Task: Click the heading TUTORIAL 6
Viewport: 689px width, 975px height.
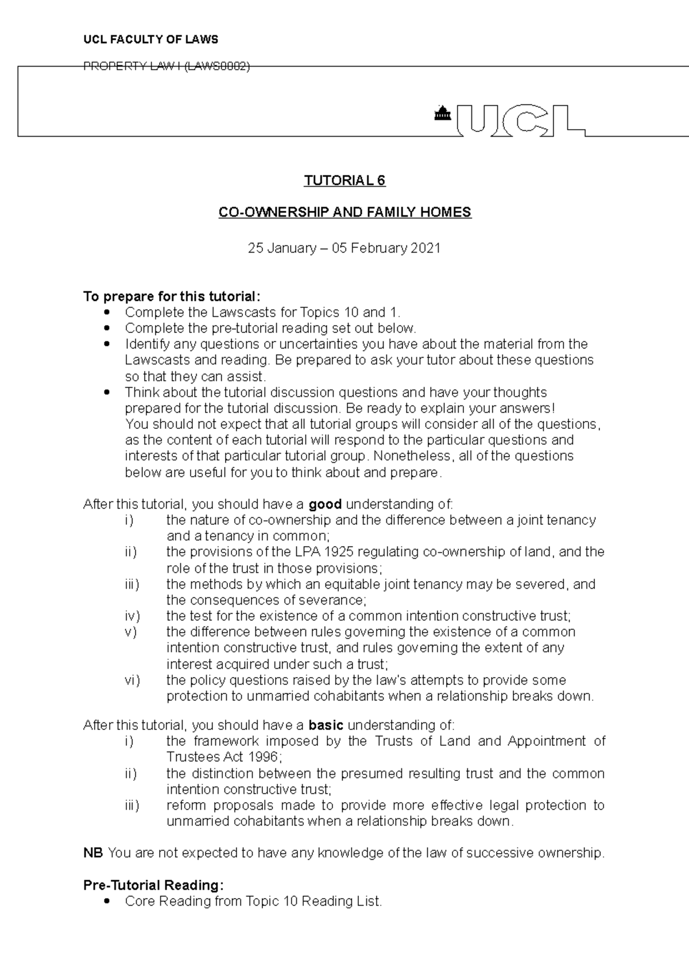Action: click(344, 181)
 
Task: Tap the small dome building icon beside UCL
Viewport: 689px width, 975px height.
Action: click(442, 114)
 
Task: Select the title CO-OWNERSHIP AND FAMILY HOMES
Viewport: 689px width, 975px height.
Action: click(344, 212)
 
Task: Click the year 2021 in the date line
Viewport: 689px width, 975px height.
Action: click(427, 248)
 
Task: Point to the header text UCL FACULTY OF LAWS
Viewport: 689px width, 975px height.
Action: click(151, 40)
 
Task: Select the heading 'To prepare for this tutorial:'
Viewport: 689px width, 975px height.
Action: click(172, 296)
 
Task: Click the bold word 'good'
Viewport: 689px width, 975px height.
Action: click(325, 504)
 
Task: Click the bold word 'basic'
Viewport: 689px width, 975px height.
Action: click(326, 725)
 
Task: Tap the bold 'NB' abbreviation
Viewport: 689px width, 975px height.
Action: click(93, 853)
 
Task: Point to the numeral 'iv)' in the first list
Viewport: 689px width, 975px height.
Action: click(133, 616)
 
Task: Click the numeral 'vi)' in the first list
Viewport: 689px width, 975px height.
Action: click(133, 680)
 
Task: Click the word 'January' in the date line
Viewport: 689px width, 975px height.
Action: click(292, 248)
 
